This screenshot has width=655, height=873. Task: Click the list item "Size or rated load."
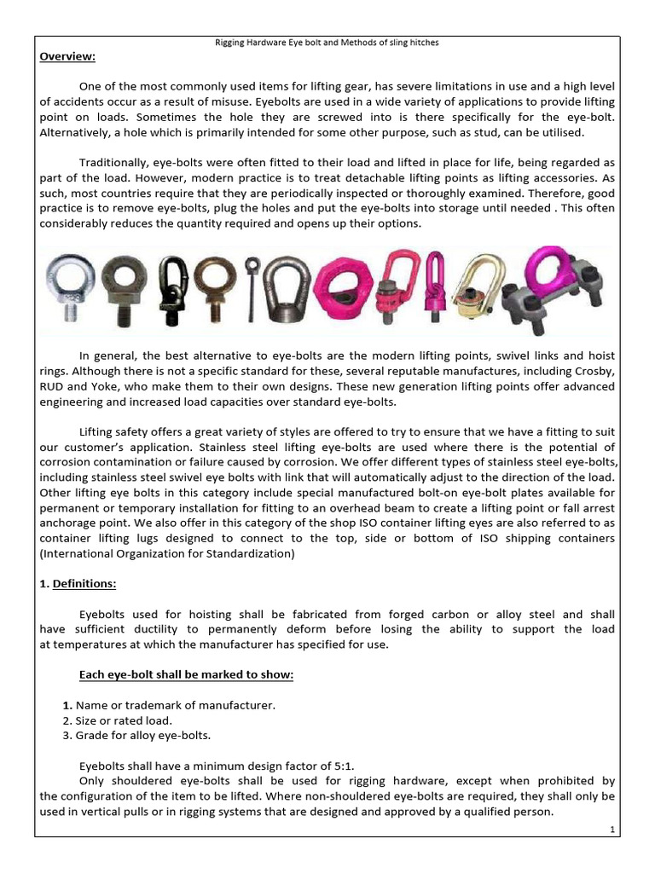click(119, 720)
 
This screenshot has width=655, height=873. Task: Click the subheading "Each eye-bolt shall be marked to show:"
click(186, 675)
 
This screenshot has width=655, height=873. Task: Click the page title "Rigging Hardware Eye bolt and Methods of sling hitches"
click(327, 42)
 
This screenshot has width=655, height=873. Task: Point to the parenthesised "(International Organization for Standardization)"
click(167, 553)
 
